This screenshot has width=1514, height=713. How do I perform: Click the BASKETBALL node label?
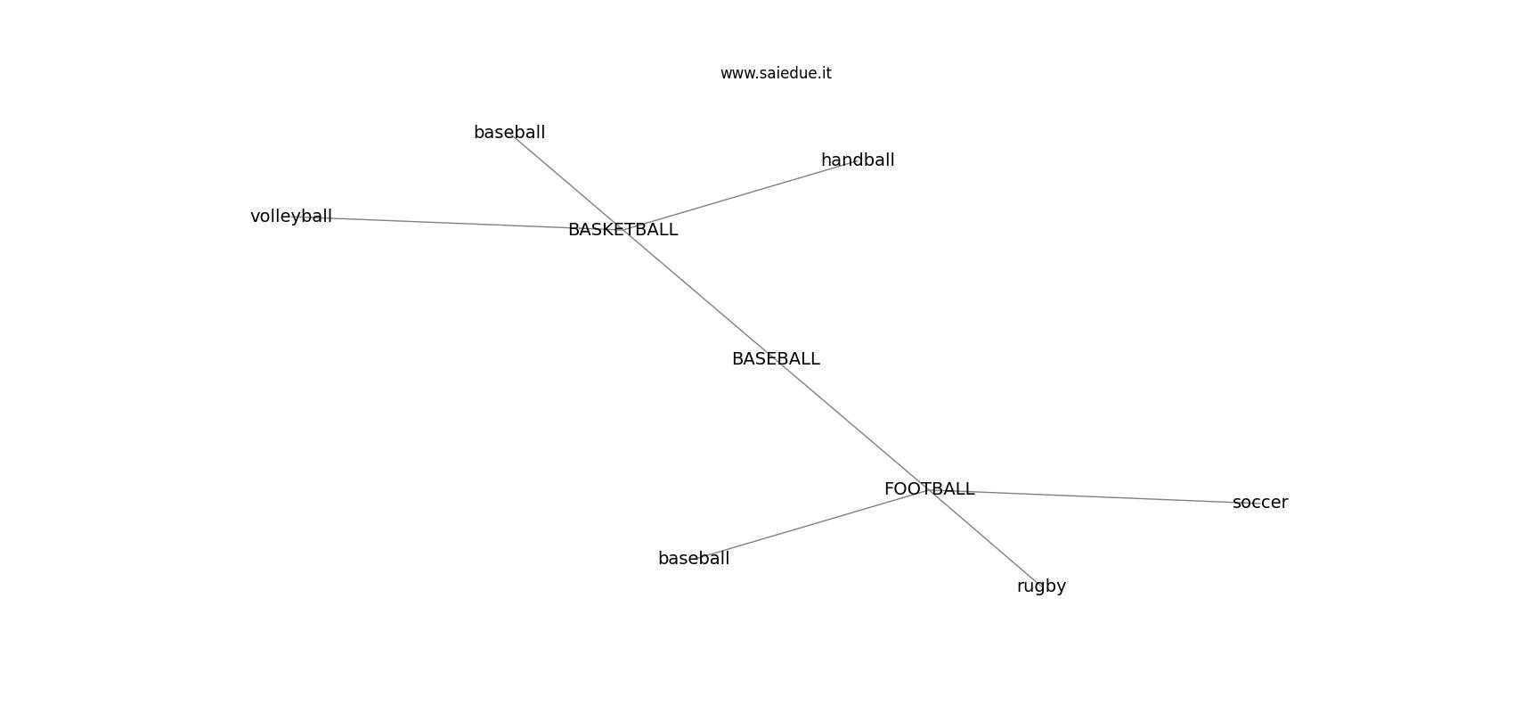623,230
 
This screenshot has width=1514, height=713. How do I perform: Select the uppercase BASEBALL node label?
776,359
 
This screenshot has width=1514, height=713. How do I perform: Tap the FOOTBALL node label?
929,489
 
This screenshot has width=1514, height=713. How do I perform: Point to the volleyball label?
291,217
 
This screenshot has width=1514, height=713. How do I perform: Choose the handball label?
858,160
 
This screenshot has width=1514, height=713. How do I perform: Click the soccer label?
1260,503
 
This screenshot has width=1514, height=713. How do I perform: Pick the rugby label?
1041,586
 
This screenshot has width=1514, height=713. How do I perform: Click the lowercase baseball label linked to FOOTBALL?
694,559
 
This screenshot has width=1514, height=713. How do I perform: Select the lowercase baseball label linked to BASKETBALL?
509,133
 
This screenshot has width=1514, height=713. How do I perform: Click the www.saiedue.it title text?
776,73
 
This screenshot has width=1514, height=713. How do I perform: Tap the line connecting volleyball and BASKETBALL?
445,223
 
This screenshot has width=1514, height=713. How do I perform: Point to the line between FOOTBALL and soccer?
1104,496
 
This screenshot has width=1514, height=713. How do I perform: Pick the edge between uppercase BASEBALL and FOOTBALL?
855,426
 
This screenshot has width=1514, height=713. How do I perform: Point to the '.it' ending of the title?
824,73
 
